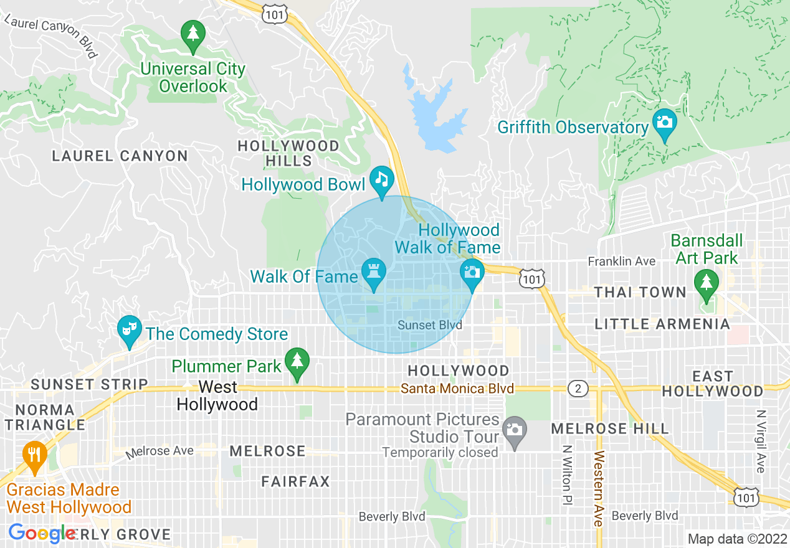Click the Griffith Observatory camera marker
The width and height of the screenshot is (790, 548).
pos(665,122)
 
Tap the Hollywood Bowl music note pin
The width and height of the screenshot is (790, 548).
pos(381,180)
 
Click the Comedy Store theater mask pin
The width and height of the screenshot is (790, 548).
pos(129,328)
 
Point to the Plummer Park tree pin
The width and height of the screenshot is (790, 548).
pos(297,361)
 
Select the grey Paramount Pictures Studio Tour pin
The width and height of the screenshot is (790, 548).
pos(514,430)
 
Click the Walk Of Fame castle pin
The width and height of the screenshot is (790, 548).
pos(374,272)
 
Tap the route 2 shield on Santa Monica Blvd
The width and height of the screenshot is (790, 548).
pos(578,389)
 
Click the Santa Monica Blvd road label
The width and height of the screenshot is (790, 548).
pos(457,389)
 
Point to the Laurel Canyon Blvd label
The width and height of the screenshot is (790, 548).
pos(51,37)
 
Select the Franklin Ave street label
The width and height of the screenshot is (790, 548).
pos(622,262)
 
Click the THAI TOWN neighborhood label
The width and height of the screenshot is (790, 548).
pos(640,292)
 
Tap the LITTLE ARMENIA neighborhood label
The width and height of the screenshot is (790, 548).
pos(662,324)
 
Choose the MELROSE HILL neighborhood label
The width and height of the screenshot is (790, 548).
pos(610,428)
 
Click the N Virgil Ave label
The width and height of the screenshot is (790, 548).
pos(760,441)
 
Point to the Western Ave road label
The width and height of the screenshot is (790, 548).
pos(599,489)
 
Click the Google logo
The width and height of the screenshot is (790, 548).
pos(42,533)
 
